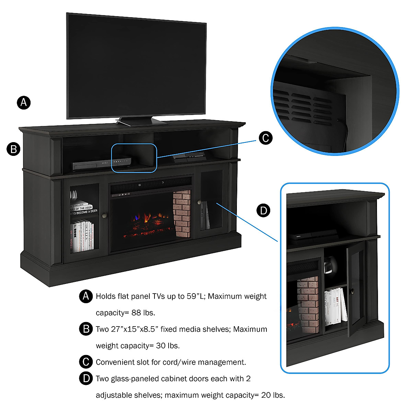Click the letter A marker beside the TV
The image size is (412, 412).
tap(24, 102)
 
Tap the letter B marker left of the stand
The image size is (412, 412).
tap(14, 149)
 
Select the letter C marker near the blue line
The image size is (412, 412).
tap(265, 138)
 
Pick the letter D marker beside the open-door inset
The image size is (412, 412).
tap(264, 210)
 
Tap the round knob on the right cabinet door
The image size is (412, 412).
tap(199, 202)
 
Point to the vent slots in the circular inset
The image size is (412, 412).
tap(302, 105)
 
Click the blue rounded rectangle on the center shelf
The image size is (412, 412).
tap(134, 158)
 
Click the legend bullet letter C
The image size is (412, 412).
tap(86, 362)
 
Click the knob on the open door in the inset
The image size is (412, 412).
tap(352, 291)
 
